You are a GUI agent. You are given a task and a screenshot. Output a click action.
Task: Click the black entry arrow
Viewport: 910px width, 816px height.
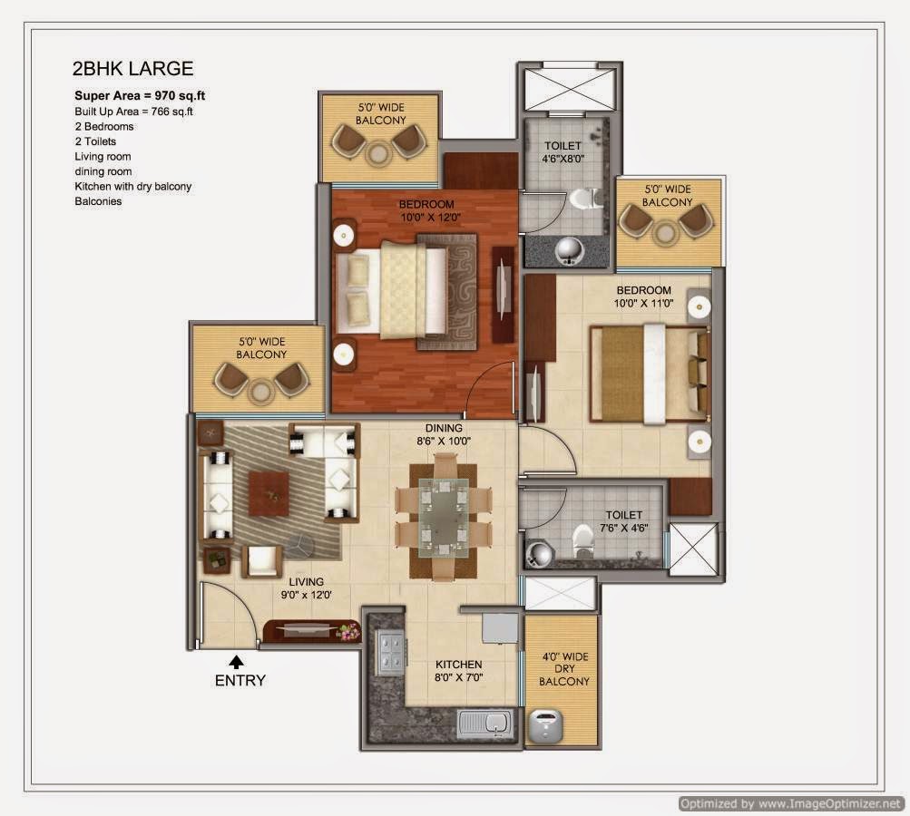(x=236, y=662)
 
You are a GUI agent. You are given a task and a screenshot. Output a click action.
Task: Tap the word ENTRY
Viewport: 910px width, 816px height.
(x=240, y=680)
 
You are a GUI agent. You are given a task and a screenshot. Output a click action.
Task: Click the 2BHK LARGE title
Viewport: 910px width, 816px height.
(x=132, y=68)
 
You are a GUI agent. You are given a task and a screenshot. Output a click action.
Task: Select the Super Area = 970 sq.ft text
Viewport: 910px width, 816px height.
(x=140, y=96)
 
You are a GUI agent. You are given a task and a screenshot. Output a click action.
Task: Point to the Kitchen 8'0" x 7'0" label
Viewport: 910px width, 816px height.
(x=458, y=670)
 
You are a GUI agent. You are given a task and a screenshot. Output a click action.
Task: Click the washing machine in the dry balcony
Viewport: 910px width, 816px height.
(x=545, y=725)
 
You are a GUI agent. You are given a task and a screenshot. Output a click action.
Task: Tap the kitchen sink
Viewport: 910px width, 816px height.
(x=485, y=723)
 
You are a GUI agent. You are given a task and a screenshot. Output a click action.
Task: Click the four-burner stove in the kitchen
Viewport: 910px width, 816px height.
(x=389, y=654)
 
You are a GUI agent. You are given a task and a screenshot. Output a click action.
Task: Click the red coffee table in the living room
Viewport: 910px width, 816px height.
(x=269, y=493)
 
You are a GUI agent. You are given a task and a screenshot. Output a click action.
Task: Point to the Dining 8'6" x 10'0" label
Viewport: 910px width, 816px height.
(x=444, y=434)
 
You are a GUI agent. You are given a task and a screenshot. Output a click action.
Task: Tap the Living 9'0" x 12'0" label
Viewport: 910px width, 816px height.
(x=307, y=588)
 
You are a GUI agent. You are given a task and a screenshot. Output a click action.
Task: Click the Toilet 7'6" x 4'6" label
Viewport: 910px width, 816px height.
(x=624, y=521)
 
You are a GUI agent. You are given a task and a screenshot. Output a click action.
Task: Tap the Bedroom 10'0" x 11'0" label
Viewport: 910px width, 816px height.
(x=643, y=296)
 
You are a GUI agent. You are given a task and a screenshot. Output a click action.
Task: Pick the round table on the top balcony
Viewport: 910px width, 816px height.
(x=378, y=154)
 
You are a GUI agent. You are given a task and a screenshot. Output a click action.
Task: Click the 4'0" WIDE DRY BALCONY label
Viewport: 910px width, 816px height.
(x=564, y=669)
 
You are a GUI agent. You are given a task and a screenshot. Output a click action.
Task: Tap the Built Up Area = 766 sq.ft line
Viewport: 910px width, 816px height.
(x=133, y=112)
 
